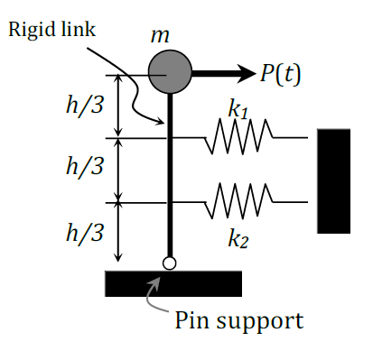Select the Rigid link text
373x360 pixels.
[x=51, y=29]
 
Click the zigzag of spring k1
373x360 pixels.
[x=238, y=137]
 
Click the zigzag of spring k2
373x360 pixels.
[x=238, y=203]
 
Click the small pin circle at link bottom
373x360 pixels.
[x=169, y=263]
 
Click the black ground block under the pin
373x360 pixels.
[x=173, y=282]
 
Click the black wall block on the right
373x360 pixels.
[x=332, y=180]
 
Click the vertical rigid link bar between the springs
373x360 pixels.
[x=169, y=171]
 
